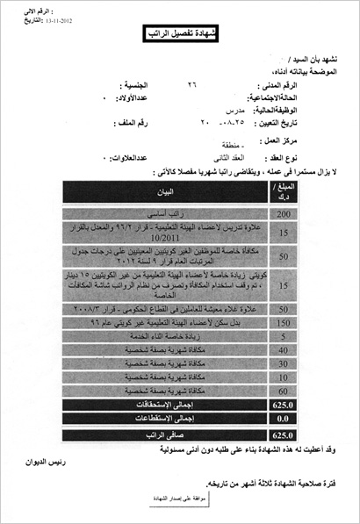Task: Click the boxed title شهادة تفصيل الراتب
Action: pos(181,34)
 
